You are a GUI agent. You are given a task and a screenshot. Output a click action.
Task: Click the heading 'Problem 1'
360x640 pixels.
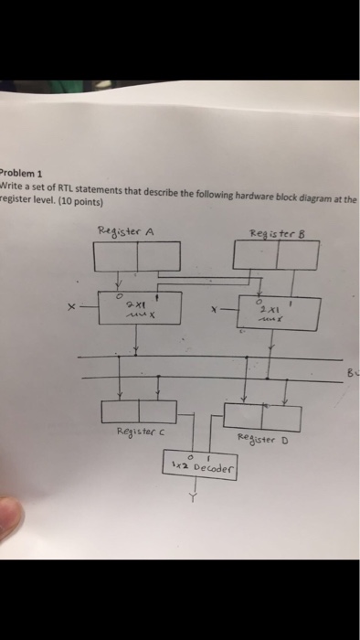(16, 171)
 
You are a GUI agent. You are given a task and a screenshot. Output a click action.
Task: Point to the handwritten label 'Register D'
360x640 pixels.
(262, 437)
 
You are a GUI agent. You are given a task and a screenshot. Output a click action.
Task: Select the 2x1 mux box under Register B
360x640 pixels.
(279, 313)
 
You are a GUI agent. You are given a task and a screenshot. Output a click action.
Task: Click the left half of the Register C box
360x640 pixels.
(119, 411)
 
